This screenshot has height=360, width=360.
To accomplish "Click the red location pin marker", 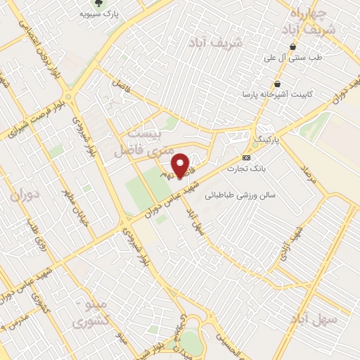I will [x=181, y=165].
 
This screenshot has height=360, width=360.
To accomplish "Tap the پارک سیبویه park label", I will [x=98, y=13].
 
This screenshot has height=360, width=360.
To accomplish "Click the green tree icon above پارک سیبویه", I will [x=108, y=4].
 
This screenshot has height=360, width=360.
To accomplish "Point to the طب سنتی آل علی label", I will [x=291, y=59].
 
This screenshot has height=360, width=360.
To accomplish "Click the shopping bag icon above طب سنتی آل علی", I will [x=292, y=47].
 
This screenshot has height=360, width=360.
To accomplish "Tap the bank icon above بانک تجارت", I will [x=246, y=158].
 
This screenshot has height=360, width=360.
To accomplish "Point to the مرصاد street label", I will [x=309, y=176].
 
